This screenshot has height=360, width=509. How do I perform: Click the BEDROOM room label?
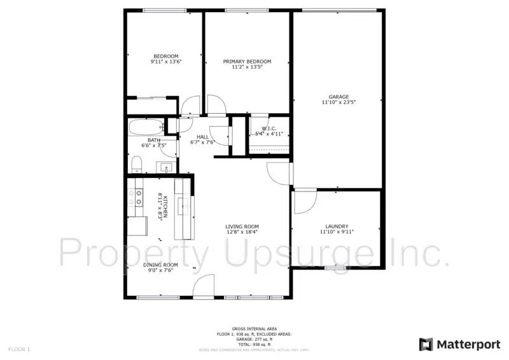click(x=164, y=56)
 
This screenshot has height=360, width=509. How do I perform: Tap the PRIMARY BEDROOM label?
click(x=247, y=62)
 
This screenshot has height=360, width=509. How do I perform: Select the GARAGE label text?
click(x=338, y=97)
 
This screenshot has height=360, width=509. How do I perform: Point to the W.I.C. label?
click(x=268, y=128)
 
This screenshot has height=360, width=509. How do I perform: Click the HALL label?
click(x=203, y=137)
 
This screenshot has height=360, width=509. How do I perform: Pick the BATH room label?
click(x=154, y=141)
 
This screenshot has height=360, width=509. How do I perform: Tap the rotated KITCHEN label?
click(x=164, y=206)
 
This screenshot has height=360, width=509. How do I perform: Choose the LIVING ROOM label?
click(x=242, y=226)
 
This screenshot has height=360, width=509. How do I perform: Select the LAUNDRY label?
click(x=337, y=226)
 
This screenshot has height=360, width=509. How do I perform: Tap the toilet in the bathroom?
click(x=136, y=165)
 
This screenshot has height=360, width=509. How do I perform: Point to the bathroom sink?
click(x=165, y=168)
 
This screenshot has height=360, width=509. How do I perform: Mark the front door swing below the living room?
click(x=204, y=286)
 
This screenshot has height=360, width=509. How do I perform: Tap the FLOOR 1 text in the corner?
click(x=19, y=349)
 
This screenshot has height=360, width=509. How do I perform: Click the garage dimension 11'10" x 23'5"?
click(x=338, y=102)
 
